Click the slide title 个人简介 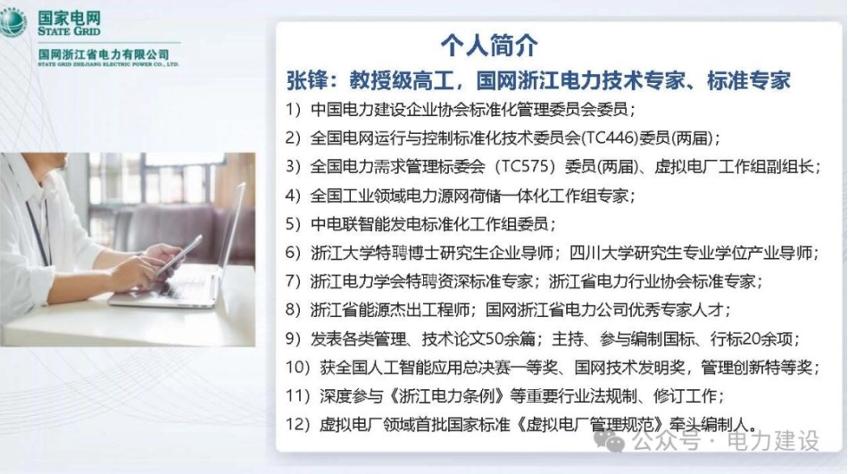(x=489, y=45)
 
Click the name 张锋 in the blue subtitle (x=307, y=80)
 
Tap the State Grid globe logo (x=13, y=22)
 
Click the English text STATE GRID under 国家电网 (x=69, y=31)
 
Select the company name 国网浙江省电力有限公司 (x=104, y=54)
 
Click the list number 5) (x=293, y=224)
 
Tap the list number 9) (x=293, y=338)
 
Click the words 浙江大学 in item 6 (x=342, y=253)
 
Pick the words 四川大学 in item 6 (x=602, y=253)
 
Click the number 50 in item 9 (x=495, y=338)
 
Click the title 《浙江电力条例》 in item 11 (x=446, y=396)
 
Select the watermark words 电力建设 (x=773, y=442)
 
